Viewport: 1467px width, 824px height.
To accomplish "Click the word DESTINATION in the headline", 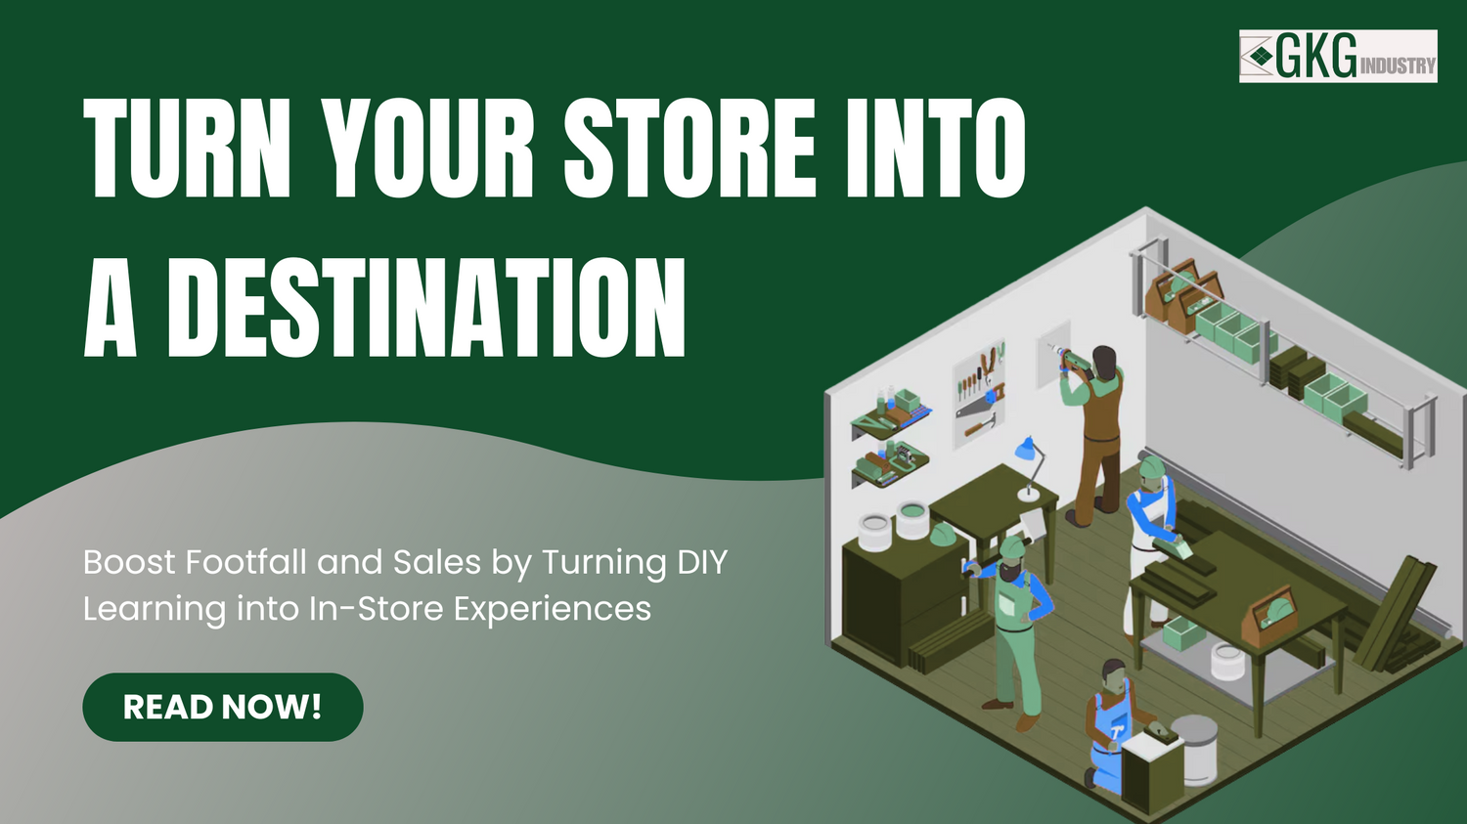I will coord(425,308).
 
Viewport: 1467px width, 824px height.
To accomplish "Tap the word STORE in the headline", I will coord(689,149).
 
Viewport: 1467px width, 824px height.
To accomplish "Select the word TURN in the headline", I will coord(187,149).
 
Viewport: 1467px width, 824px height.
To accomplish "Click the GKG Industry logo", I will coord(1338,56).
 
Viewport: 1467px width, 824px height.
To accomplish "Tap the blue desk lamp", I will coord(1027,452).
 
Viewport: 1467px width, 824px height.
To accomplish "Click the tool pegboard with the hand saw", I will coord(979,391).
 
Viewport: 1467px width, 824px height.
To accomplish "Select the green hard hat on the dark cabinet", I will coord(942,535).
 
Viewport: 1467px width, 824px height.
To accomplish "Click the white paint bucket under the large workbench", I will coord(1227,662).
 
